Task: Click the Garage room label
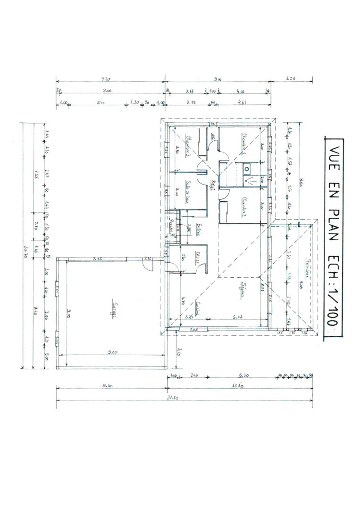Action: click(114, 310)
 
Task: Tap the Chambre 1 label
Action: click(244, 142)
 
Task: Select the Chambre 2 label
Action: click(244, 204)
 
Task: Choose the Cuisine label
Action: click(200, 309)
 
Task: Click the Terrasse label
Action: click(307, 269)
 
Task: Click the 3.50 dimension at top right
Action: click(291, 79)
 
